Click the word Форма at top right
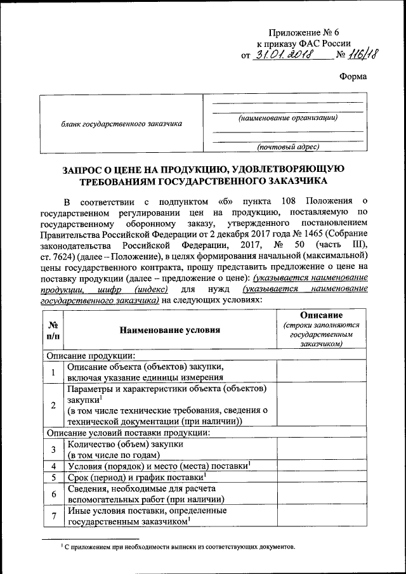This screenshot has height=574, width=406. tap(353, 77)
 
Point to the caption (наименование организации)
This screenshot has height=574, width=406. tap(287, 118)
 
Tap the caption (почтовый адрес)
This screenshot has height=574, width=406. tap(287, 147)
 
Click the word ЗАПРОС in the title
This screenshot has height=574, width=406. tap(86, 169)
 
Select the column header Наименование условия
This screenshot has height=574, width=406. tap(171, 330)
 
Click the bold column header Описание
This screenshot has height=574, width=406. tap(322, 315)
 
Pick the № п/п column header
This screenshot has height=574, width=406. tap(53, 330)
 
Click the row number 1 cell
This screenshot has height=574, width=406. tap(53, 372)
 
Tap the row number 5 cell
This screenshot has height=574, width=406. tap(53, 477)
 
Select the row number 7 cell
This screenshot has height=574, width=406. tap(53, 516)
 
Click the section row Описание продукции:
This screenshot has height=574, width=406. tap(91, 356)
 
